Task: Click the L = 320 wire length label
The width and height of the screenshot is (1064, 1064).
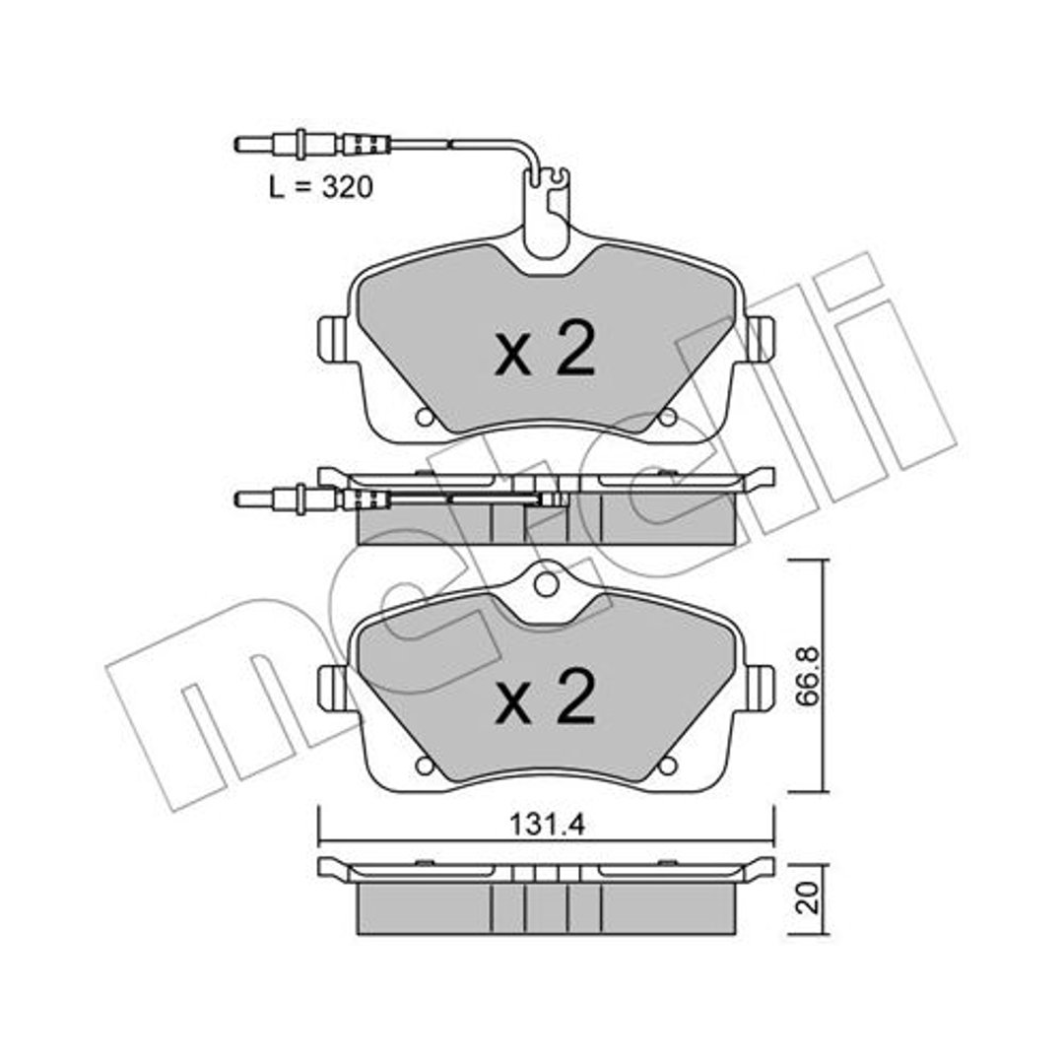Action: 321,187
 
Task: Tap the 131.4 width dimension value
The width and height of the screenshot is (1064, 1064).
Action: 547,826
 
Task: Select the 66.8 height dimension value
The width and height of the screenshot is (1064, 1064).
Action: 808,677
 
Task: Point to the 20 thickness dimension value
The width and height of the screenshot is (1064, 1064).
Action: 809,898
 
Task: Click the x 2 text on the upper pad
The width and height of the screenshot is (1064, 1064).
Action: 545,349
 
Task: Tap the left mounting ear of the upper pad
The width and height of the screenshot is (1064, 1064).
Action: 333,339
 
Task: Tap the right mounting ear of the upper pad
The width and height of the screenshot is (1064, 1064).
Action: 760,339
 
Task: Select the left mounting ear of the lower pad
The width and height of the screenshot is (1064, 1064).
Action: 333,688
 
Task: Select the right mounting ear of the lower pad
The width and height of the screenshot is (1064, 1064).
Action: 760,688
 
